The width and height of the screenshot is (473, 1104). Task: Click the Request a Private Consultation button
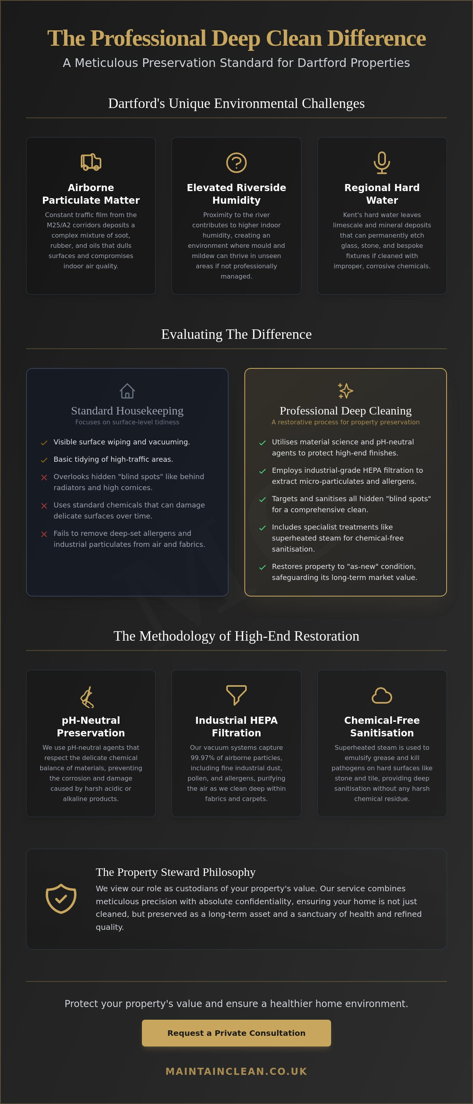(236, 1033)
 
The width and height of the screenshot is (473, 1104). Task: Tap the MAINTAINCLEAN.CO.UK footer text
(236, 1071)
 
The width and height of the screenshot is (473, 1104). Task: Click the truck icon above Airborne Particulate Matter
(91, 162)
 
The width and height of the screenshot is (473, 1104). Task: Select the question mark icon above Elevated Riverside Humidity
(236, 162)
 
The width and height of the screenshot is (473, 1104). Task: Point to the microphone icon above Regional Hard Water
(382, 162)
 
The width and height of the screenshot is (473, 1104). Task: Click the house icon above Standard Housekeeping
(127, 390)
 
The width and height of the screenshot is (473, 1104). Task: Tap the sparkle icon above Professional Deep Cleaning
(346, 390)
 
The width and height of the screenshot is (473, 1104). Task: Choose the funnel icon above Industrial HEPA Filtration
(236, 695)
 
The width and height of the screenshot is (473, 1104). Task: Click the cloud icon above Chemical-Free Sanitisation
(382, 695)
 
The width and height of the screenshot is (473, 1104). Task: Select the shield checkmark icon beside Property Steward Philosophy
(61, 898)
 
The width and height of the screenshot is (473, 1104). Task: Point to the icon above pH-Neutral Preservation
(88, 697)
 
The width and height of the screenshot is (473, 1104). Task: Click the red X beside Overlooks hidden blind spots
(44, 478)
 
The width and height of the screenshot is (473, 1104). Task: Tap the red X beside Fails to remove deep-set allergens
(44, 534)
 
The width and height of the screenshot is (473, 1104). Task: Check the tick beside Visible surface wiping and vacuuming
(44, 443)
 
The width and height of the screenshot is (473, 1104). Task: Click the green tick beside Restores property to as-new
(263, 567)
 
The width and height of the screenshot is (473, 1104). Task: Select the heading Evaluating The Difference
(236, 334)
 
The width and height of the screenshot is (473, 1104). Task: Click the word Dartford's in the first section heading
(136, 103)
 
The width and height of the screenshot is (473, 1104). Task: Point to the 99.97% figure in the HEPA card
(203, 758)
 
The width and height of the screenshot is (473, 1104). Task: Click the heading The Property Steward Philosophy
(175, 872)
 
